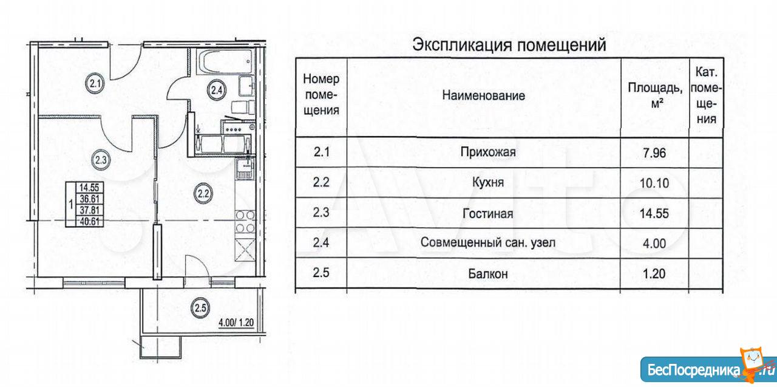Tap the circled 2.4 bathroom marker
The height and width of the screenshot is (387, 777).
217,91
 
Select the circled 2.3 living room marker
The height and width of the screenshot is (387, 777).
101,160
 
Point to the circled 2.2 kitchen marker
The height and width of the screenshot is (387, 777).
203,194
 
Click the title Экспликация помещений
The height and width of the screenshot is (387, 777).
509,45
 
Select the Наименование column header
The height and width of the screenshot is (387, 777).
483,95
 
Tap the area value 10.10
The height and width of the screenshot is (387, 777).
655,183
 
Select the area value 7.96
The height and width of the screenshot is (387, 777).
655,152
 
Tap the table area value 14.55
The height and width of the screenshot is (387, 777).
655,213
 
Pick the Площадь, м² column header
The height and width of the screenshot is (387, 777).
655,95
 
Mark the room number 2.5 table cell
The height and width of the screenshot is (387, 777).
321,274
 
